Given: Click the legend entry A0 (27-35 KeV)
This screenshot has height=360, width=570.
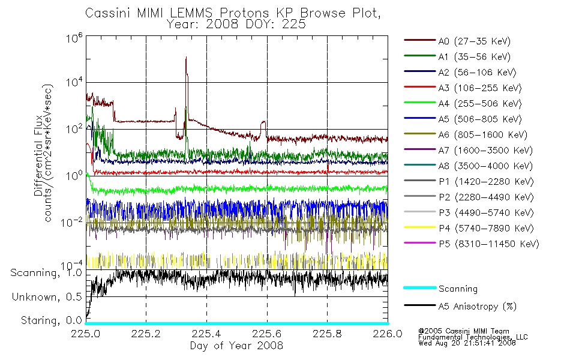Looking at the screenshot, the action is coord(457,41).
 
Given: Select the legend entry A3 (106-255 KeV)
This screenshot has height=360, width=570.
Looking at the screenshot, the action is coord(463,88).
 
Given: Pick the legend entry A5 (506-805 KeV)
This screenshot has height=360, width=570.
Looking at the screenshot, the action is coord(463,119).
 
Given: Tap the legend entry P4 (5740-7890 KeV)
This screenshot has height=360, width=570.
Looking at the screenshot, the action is coord(469,229).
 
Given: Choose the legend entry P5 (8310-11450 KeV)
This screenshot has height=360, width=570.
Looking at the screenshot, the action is coord(472,244).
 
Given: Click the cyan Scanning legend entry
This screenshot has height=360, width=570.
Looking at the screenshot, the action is coord(440,289).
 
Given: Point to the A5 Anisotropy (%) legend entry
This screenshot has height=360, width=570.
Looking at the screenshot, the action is coord(460,307).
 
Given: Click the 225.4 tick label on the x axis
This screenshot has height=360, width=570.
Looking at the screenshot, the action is coord(206,334).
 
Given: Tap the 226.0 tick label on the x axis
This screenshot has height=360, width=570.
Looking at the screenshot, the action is coord(388,334).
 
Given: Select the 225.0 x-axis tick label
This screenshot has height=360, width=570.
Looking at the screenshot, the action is coord(86,334).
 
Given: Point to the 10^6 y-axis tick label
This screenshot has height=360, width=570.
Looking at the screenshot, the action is coord(74,37).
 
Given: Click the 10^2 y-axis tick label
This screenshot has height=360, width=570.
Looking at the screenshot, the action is coord(74,129).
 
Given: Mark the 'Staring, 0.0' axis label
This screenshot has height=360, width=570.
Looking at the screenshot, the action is coord(51,320).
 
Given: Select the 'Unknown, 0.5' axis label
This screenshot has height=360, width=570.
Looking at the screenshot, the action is coord(47,297).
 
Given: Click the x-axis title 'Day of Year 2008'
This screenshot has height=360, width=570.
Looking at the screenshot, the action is coord(236,346).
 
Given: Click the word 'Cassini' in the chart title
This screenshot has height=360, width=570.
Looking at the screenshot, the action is coord(108,13).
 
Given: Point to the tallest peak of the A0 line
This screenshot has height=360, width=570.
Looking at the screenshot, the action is coord(186,57).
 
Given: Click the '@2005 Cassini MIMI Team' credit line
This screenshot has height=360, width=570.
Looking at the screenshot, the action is coord(464,331).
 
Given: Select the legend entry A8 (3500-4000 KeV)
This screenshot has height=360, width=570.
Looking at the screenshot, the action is coord(468,166).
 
